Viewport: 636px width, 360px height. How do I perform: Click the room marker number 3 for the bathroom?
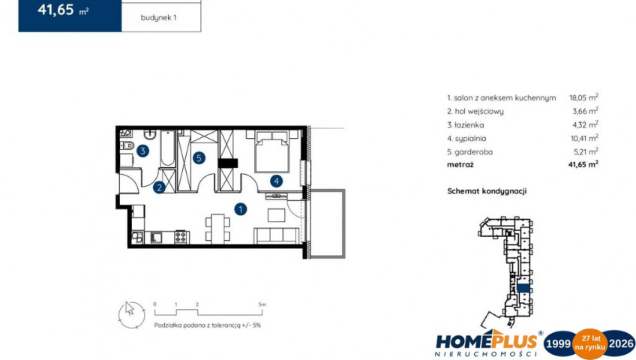tap(142, 151)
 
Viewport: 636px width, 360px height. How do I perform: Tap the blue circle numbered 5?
tap(199, 157)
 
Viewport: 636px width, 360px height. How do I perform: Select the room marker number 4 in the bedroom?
tap(276, 181)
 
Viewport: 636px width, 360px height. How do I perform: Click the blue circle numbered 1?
tap(241, 209)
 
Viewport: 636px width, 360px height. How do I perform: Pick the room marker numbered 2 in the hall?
tap(159, 187)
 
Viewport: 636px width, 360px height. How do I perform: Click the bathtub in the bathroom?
tap(167, 148)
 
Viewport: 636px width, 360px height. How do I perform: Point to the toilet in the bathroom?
tap(127, 145)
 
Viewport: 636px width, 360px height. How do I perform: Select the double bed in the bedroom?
tap(271, 151)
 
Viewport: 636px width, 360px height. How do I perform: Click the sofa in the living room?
tap(276, 236)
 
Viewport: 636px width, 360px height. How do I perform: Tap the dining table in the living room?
tap(217, 228)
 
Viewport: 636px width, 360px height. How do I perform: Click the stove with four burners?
tap(181, 237)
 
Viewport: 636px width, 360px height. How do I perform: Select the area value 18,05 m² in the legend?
tap(583, 97)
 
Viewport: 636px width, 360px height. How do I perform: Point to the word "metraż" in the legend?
tap(460, 164)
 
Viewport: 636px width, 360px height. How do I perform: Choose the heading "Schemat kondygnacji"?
tap(487, 191)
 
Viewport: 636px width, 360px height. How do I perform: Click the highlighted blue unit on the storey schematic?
tap(523, 288)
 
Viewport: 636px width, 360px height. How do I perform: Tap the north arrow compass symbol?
tap(131, 315)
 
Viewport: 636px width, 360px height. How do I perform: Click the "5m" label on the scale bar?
tap(262, 304)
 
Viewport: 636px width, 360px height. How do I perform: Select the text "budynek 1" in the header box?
tap(158, 18)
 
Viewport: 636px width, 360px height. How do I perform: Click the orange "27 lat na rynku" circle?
tap(589, 344)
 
